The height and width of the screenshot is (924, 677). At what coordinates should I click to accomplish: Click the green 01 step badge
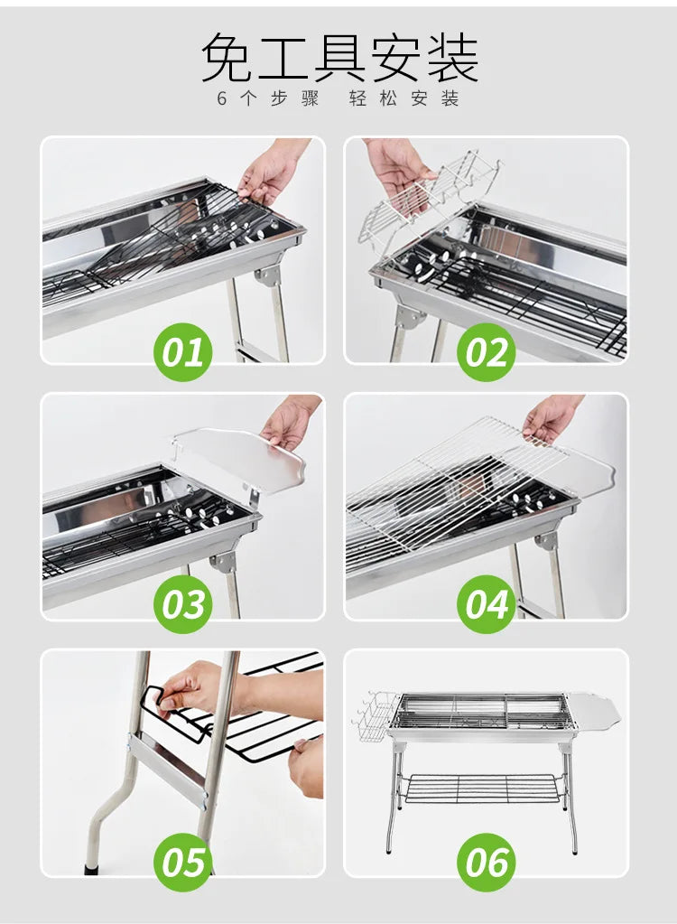click(184, 351)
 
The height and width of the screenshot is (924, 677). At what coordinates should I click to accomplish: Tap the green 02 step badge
click(487, 351)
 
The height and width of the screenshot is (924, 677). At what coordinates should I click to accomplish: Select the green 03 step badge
click(184, 604)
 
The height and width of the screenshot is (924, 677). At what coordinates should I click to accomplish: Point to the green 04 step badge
click(487, 604)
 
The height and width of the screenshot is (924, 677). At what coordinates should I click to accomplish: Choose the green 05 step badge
click(184, 861)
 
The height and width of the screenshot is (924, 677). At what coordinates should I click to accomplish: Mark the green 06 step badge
click(487, 861)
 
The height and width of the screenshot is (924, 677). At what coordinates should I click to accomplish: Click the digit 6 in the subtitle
click(222, 98)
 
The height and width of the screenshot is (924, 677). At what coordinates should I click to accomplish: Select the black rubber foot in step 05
click(91, 870)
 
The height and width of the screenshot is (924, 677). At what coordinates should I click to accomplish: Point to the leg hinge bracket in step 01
click(267, 274)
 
